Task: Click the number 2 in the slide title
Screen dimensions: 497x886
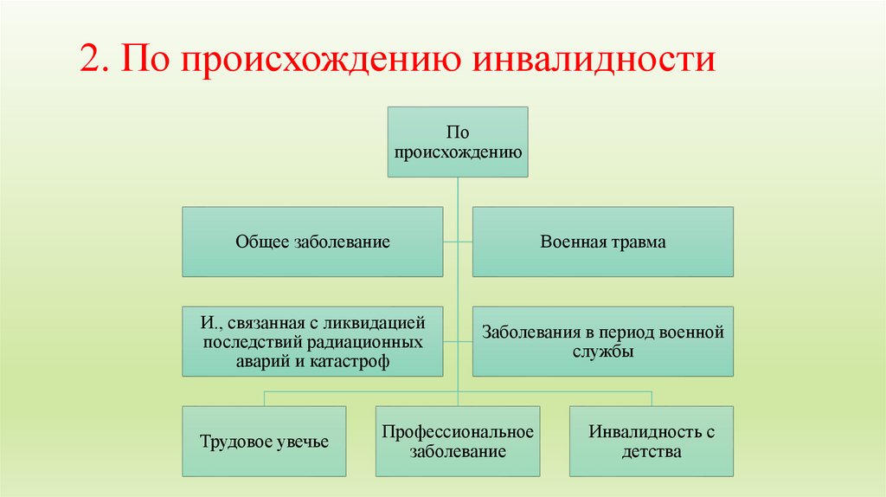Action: point(89,61)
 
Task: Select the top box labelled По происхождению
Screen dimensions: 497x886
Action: point(457,142)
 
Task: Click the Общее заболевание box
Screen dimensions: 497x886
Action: point(312,242)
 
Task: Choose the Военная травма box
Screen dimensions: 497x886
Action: point(602,242)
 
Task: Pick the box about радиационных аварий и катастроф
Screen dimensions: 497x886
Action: point(312,342)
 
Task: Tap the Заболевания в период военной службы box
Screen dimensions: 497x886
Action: point(602,341)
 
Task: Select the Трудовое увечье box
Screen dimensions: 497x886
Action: point(264,442)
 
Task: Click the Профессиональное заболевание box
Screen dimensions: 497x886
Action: point(457,441)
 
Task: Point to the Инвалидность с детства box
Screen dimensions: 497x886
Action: point(651,441)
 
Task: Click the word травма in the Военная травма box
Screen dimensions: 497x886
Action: point(638,242)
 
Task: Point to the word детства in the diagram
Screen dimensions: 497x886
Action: point(651,451)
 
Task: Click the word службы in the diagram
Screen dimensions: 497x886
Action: point(602,352)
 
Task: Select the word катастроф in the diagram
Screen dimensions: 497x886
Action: point(354,362)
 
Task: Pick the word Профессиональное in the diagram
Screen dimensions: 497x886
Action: point(457,431)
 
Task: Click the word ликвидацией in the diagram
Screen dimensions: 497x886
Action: point(383,323)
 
